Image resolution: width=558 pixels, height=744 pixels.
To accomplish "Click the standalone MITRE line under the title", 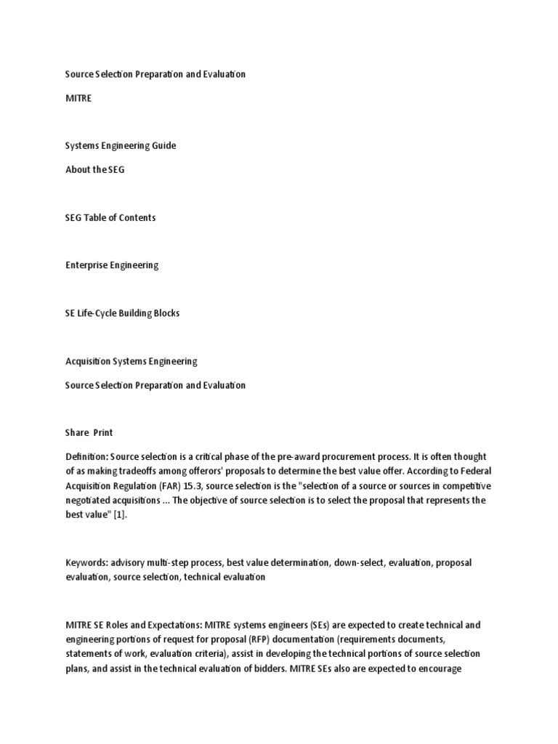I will pyautogui.click(x=78, y=98).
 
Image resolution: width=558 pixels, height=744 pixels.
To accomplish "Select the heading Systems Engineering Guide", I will pyautogui.click(x=121, y=145).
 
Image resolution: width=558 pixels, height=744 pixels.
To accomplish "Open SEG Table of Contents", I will pyautogui.click(x=110, y=217).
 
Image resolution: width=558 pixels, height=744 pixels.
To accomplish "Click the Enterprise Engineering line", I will pyautogui.click(x=112, y=265).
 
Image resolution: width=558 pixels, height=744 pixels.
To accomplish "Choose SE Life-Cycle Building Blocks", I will pyautogui.click(x=122, y=313).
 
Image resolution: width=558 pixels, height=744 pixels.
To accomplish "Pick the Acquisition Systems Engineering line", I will pyautogui.click(x=131, y=361).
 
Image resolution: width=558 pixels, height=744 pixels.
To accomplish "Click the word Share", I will pyautogui.click(x=76, y=433).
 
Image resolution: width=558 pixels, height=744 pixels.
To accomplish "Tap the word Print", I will pyautogui.click(x=102, y=433).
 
